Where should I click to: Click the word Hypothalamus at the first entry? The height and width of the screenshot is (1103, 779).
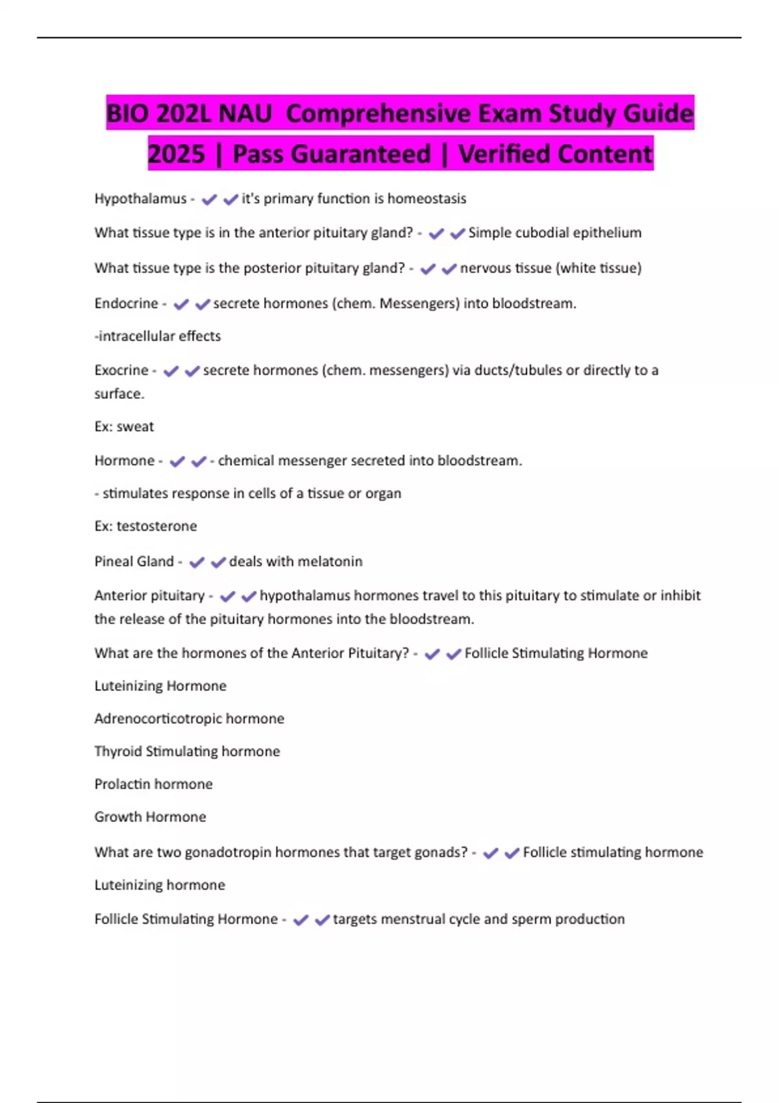click(x=140, y=199)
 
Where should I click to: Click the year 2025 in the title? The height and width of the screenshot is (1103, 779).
click(x=177, y=154)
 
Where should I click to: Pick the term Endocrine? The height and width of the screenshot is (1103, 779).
click(x=126, y=304)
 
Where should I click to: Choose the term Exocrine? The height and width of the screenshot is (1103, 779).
click(x=121, y=370)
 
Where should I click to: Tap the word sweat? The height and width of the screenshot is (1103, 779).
click(x=135, y=427)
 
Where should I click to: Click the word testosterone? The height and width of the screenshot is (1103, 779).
click(x=156, y=526)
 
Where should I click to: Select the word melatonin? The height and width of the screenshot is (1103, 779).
click(x=330, y=561)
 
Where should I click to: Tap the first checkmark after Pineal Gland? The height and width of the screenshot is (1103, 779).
click(x=197, y=562)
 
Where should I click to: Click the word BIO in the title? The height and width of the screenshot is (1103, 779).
click(x=128, y=114)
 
